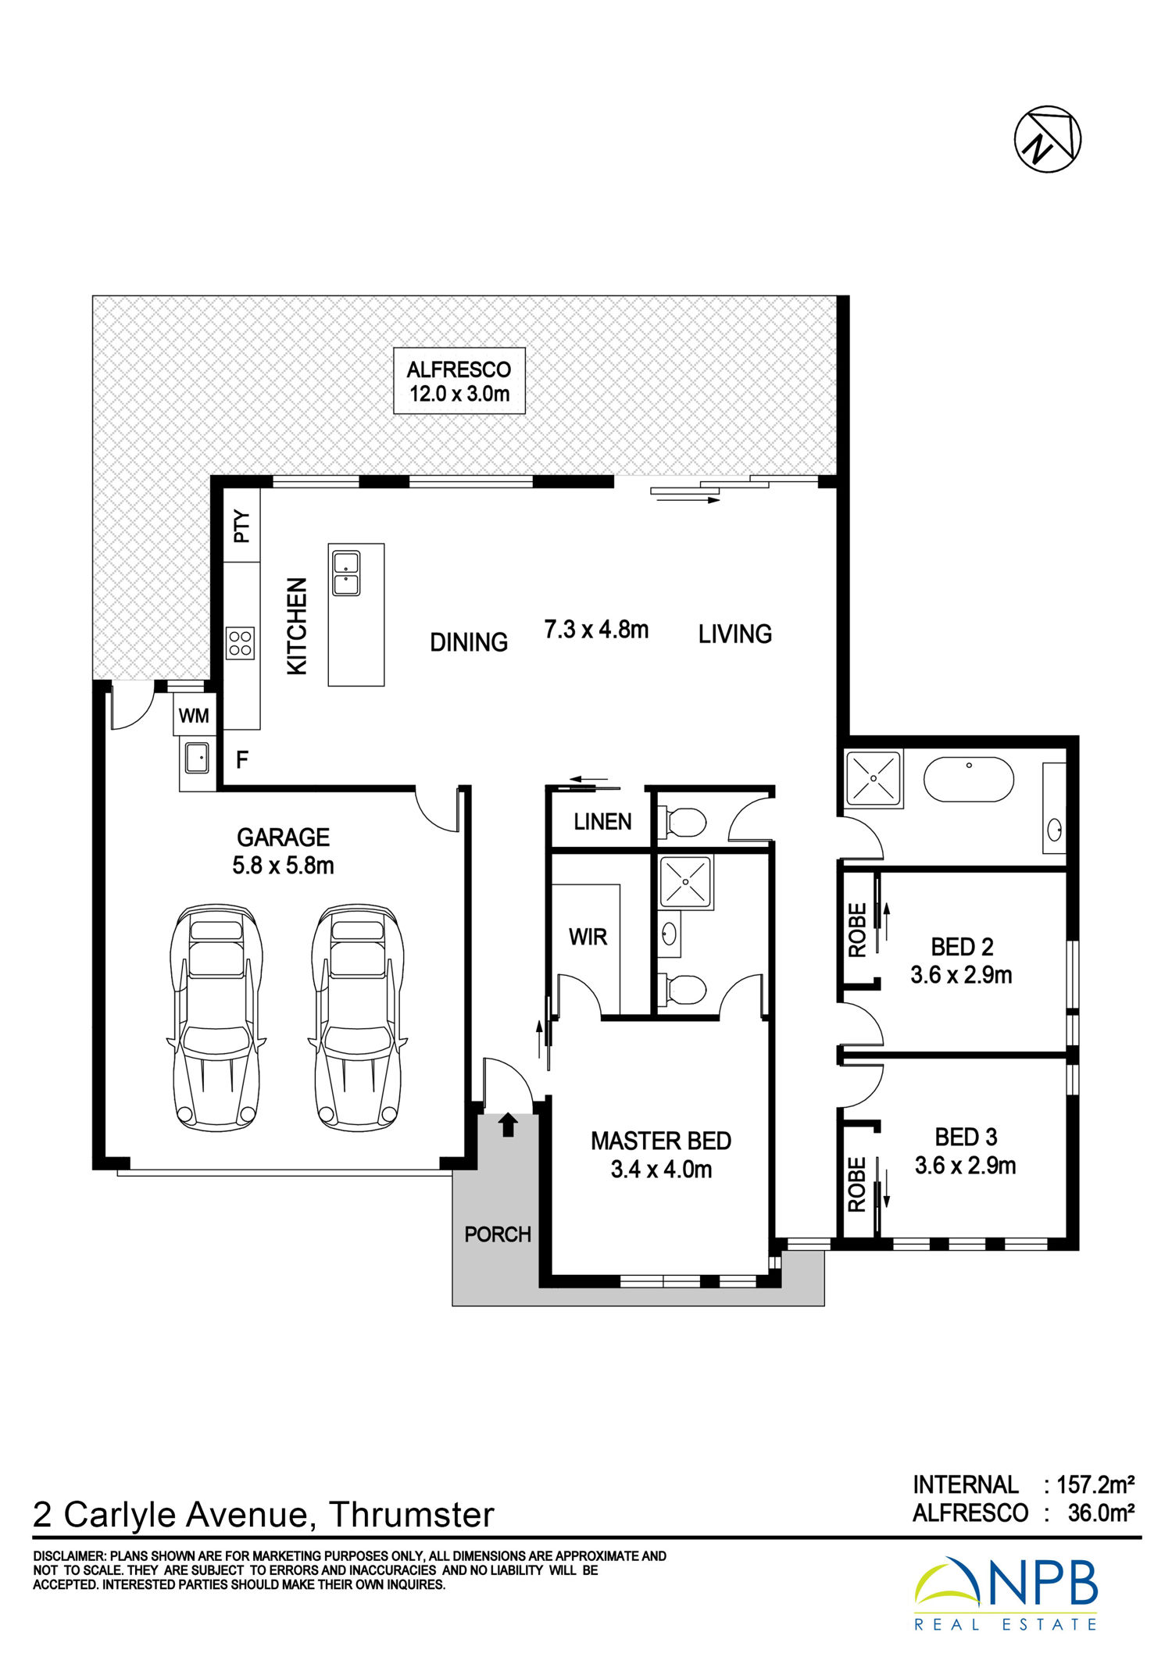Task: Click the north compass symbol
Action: (x=1047, y=139)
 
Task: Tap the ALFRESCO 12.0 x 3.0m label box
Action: (x=459, y=380)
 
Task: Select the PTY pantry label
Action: (x=242, y=526)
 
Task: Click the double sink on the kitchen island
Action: (x=346, y=573)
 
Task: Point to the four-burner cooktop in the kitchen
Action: (x=241, y=643)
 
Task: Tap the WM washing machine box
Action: (x=194, y=715)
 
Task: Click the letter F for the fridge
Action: (x=242, y=759)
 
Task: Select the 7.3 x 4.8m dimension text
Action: (x=596, y=629)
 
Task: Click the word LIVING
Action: (x=734, y=634)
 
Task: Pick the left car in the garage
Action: (x=216, y=1017)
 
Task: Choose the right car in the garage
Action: (x=358, y=1017)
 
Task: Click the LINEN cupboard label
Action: (x=602, y=821)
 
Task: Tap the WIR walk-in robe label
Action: (x=588, y=937)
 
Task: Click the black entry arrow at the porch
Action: (x=508, y=1124)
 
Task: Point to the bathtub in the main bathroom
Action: (x=969, y=779)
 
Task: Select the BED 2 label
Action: (x=962, y=947)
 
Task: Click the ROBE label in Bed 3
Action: (x=857, y=1184)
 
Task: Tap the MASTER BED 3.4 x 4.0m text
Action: (x=661, y=1155)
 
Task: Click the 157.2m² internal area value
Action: (x=1095, y=1484)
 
